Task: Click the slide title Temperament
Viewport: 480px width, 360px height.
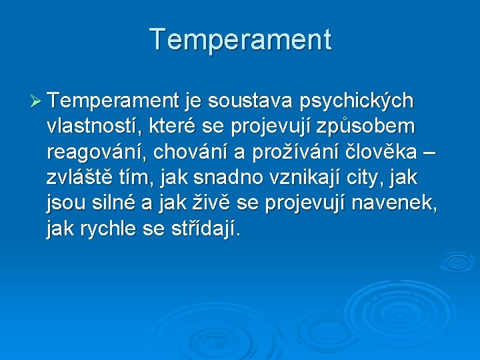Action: point(240,39)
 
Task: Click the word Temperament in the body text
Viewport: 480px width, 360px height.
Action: point(113,101)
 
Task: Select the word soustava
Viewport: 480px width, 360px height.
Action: point(251,101)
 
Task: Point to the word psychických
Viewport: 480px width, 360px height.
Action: point(357,102)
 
